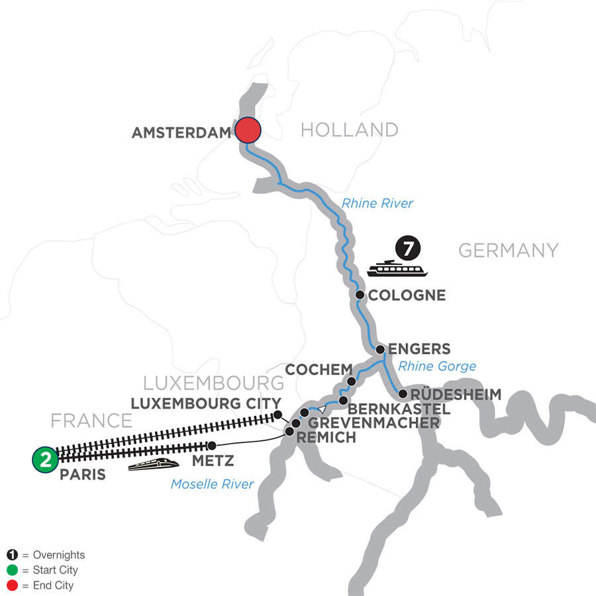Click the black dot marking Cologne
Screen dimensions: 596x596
click(x=360, y=295)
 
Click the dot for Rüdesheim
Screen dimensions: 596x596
click(x=402, y=395)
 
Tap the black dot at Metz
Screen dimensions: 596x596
click(x=212, y=446)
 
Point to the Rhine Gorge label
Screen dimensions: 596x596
click(x=438, y=366)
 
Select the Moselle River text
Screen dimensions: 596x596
click(x=212, y=484)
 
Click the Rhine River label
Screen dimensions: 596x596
click(x=377, y=203)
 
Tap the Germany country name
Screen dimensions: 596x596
click(x=508, y=250)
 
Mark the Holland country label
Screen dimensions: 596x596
click(x=349, y=130)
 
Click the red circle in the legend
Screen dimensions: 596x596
click(x=13, y=585)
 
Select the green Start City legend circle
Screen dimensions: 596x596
click(x=13, y=570)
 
